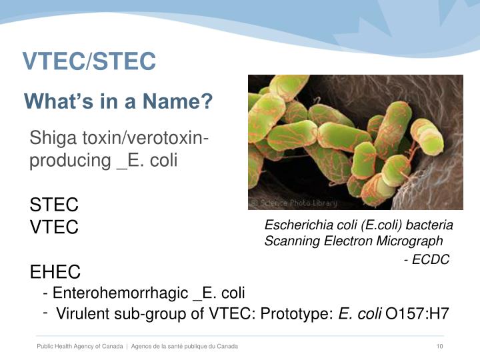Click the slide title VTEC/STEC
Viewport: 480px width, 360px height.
point(89,61)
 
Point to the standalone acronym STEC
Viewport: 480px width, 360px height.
point(54,204)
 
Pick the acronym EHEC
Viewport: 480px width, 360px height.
point(55,272)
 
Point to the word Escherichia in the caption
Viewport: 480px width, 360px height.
point(293,225)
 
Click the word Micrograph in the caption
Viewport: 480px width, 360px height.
point(412,241)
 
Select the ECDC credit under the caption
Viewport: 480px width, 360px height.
point(429,259)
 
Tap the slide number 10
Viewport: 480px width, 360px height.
point(439,347)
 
